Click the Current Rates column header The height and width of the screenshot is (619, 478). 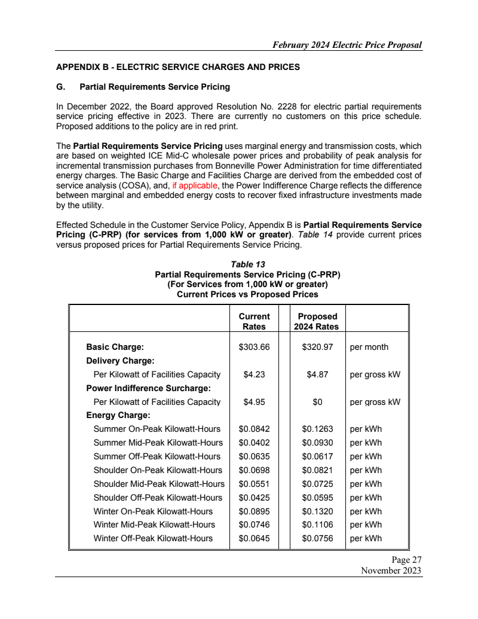(254, 321)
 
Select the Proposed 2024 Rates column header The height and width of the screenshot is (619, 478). (316, 321)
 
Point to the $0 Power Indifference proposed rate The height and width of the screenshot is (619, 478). (317, 402)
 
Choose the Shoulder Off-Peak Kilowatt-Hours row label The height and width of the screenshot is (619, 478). (158, 498)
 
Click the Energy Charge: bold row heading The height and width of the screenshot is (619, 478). (118, 415)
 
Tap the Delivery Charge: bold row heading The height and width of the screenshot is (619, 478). (120, 361)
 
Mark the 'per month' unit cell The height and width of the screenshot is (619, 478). (369, 347)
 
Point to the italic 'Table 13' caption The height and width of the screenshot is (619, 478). (247, 264)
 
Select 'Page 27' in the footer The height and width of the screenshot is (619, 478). (407, 560)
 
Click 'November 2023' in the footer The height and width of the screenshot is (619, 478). (391, 571)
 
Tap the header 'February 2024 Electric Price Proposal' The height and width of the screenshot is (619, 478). (347, 45)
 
